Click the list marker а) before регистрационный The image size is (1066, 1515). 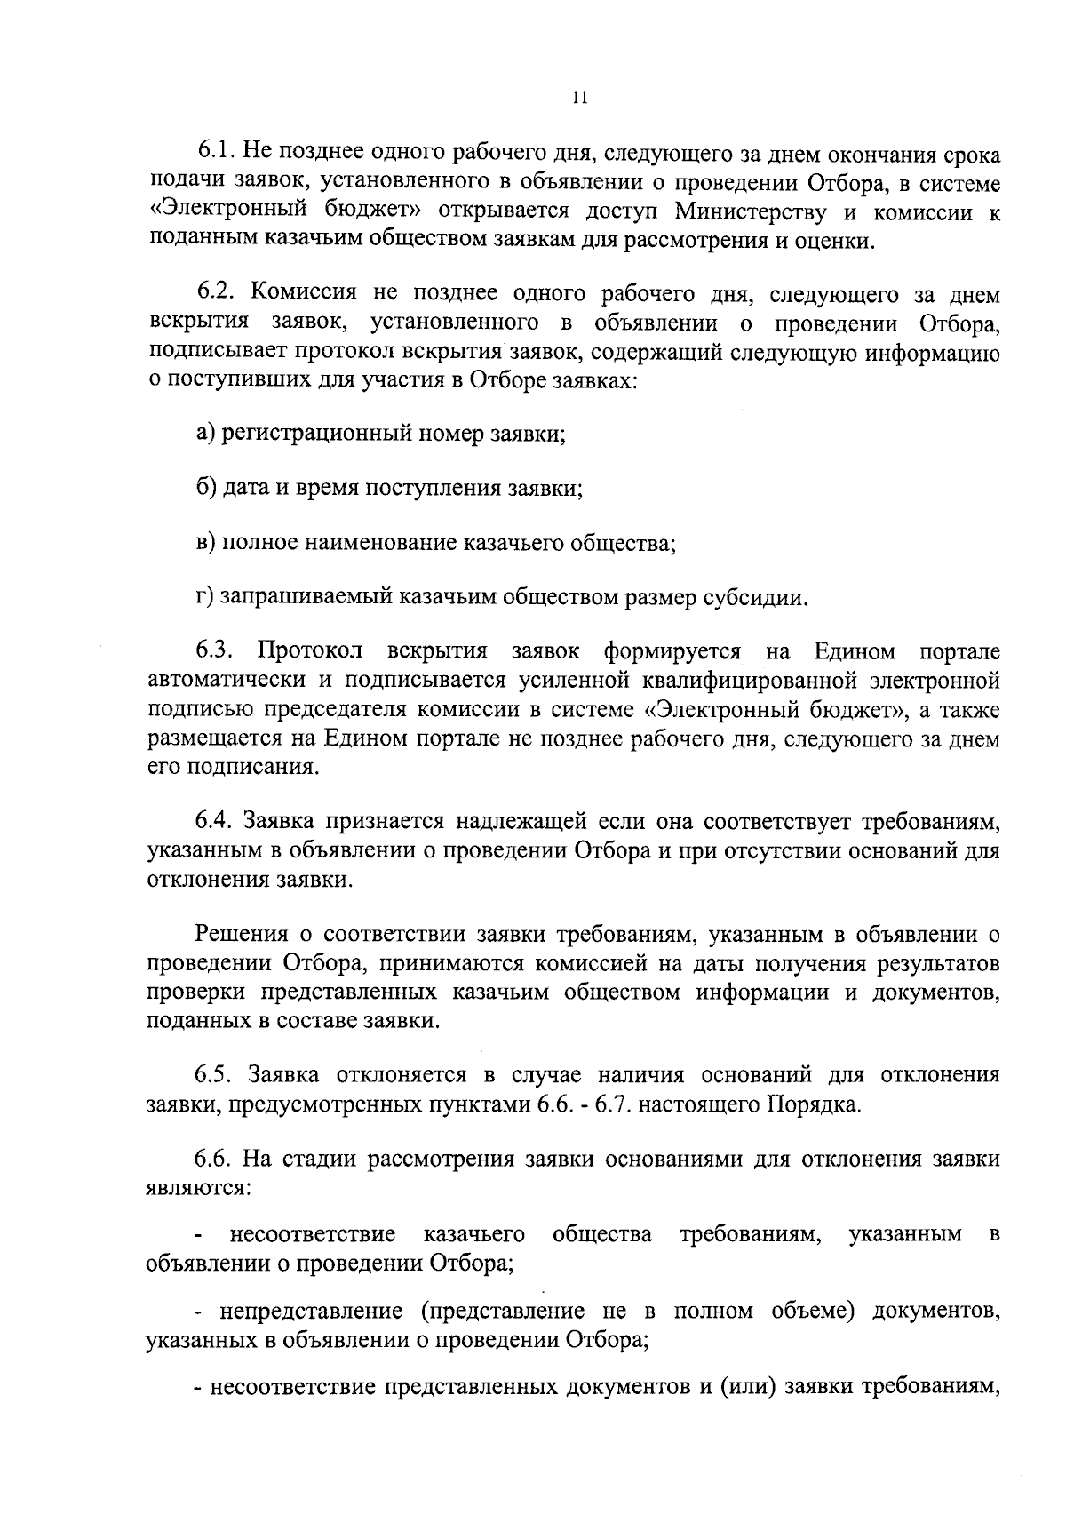pyautogui.click(x=206, y=435)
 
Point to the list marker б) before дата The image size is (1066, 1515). pyautogui.click(x=206, y=489)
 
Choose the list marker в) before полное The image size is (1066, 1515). pyautogui.click(x=206, y=543)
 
